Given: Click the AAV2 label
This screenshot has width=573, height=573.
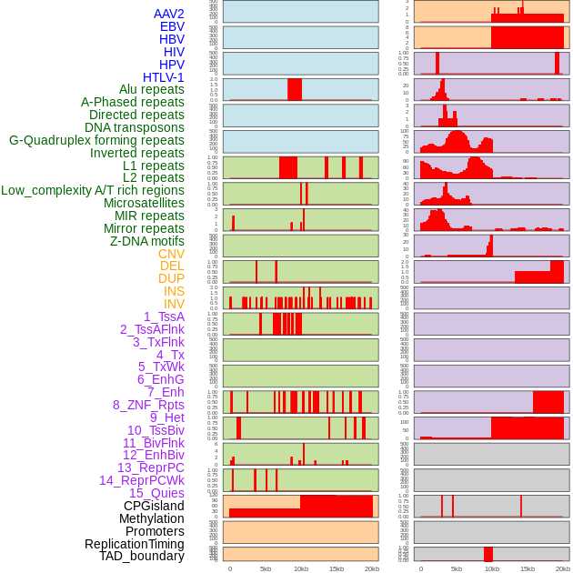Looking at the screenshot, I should tap(169, 14).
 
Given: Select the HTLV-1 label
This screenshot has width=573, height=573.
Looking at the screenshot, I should tap(164, 77).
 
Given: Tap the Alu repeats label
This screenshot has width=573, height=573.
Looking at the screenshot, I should tap(152, 89).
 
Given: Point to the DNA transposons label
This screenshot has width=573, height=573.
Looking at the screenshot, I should tap(135, 127).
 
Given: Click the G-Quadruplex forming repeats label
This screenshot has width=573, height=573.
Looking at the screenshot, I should tap(96, 140).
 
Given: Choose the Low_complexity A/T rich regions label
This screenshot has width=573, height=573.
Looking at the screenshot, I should tap(93, 190).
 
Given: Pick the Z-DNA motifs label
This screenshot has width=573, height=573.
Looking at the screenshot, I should tap(147, 241).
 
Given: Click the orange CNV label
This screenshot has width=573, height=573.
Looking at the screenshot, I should tap(171, 254).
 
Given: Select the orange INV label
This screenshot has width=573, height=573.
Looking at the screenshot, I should tap(174, 304).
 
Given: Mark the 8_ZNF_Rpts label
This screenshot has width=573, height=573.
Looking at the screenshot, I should tap(148, 405).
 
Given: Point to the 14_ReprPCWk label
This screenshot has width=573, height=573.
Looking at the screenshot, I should tap(142, 480).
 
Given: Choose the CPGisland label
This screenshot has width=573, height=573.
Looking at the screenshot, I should tap(154, 506).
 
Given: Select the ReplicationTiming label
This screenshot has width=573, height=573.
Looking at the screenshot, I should tap(135, 544).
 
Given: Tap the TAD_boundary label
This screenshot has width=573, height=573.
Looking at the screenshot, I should tap(142, 556).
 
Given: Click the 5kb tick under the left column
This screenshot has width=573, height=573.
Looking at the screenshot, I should tap(266, 569).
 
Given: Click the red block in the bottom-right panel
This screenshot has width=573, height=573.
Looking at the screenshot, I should tap(488, 554).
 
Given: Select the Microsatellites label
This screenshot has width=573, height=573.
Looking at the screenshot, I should tap(144, 203).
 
